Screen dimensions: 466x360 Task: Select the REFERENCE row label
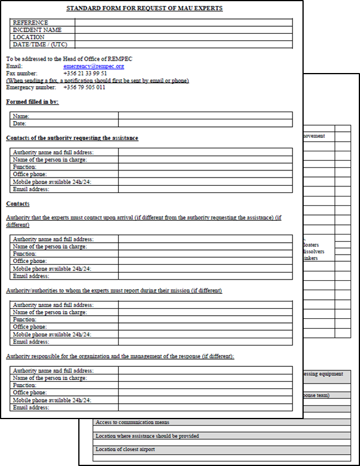click(30, 23)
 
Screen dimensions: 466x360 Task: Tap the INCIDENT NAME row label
click(37, 30)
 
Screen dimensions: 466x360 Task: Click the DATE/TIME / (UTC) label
click(40, 44)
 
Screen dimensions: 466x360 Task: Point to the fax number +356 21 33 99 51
click(85, 74)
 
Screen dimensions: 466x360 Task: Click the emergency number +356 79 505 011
click(84, 87)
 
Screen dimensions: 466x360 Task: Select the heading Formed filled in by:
click(32, 102)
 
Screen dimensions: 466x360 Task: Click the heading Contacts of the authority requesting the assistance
click(72, 138)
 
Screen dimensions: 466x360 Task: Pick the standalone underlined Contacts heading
click(18, 204)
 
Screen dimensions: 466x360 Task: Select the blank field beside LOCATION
click(184, 37)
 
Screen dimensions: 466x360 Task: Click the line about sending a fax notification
click(97, 81)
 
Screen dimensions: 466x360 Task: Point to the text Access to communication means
click(132, 423)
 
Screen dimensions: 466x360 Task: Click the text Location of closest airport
click(125, 449)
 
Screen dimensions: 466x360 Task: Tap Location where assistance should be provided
click(147, 436)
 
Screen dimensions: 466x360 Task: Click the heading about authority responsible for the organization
click(120, 356)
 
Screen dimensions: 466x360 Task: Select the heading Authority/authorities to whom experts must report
click(114, 291)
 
